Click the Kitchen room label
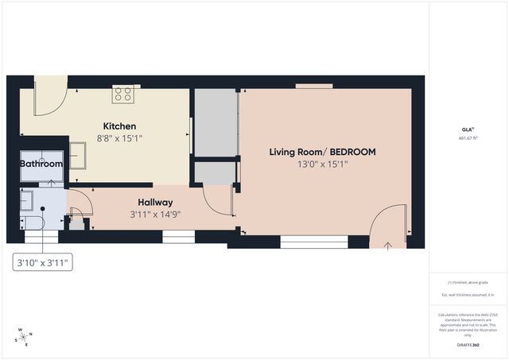click(119, 126)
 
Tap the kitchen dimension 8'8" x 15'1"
click(119, 138)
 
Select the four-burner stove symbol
click(122, 94)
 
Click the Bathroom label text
click(41, 164)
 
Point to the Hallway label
click(156, 203)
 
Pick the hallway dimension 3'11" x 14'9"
click(156, 215)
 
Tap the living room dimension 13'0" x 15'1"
click(322, 165)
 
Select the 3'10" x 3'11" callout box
click(42, 261)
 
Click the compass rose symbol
click(24, 337)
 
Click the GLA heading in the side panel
click(467, 129)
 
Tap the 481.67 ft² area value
click(467, 137)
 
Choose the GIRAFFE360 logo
click(467, 345)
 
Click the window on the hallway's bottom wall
click(178, 236)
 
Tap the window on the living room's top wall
click(313, 86)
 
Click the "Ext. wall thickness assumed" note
click(467, 295)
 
